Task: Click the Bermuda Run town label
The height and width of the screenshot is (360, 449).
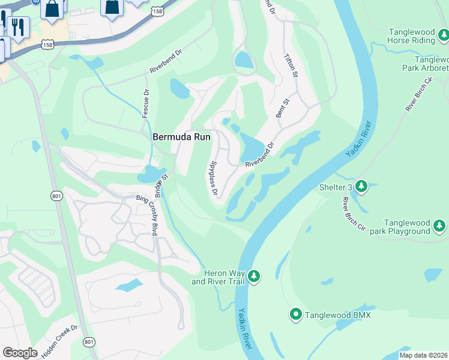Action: click(x=181, y=137)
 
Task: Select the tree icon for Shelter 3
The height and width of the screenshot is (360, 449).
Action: click(x=361, y=187)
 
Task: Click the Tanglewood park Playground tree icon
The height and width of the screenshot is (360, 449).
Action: click(x=440, y=226)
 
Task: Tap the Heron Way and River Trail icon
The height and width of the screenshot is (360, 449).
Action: click(x=255, y=276)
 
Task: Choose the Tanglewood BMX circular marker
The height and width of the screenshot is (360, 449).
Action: click(x=295, y=314)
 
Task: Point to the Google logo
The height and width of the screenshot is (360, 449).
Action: click(x=20, y=352)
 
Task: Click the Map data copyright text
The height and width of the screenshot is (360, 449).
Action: click(x=424, y=355)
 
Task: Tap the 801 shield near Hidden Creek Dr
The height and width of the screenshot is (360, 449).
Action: click(x=89, y=342)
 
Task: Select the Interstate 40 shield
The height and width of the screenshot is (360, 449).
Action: click(x=36, y=2)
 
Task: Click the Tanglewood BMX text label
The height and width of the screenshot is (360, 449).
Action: click(x=338, y=315)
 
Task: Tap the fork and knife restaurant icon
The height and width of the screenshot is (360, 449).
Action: click(x=17, y=27)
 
